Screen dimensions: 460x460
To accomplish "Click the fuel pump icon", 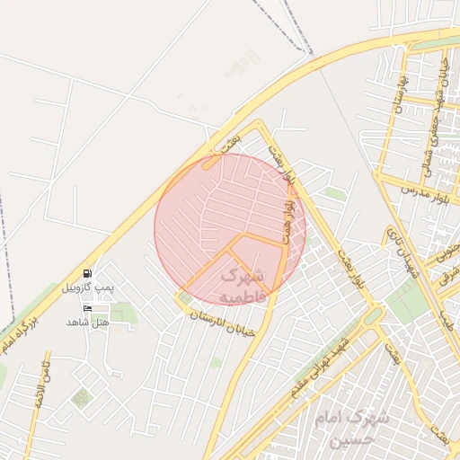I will (x=87, y=273).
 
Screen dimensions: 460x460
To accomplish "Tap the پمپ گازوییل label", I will (x=84, y=287).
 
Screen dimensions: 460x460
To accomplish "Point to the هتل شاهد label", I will (x=87, y=322).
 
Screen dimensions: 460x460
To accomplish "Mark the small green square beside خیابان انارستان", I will (x=186, y=297).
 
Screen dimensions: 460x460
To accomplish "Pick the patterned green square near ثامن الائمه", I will (x=82, y=397).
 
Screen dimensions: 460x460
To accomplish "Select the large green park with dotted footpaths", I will (x=409, y=301).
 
